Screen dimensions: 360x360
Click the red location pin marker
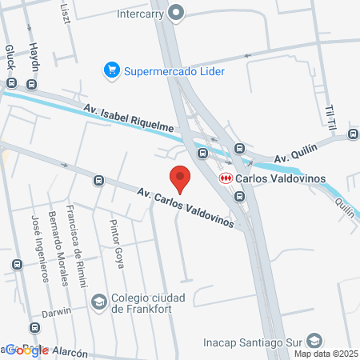[x=180, y=178]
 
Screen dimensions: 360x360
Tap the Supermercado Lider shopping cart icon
[x=112, y=71]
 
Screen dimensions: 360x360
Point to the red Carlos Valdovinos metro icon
[x=226, y=178]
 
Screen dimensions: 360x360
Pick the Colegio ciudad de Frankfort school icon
[x=98, y=302]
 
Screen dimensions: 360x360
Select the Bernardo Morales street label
[x=56, y=247]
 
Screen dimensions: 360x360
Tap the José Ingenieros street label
[x=36, y=249]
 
